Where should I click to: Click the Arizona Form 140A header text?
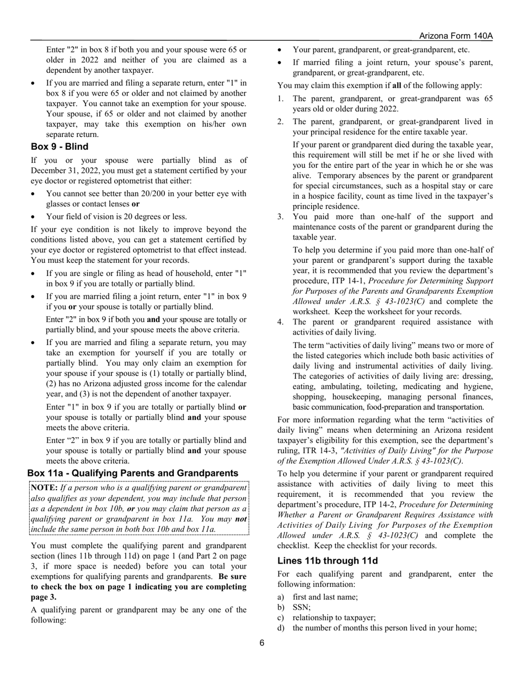pos(456,36)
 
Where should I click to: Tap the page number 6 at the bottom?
pos(262,643)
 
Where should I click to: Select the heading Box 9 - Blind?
pos(60,147)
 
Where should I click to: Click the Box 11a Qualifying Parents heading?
pos(133,473)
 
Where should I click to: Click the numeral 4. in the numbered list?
pos(281,322)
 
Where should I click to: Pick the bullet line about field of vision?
pos(116,216)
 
